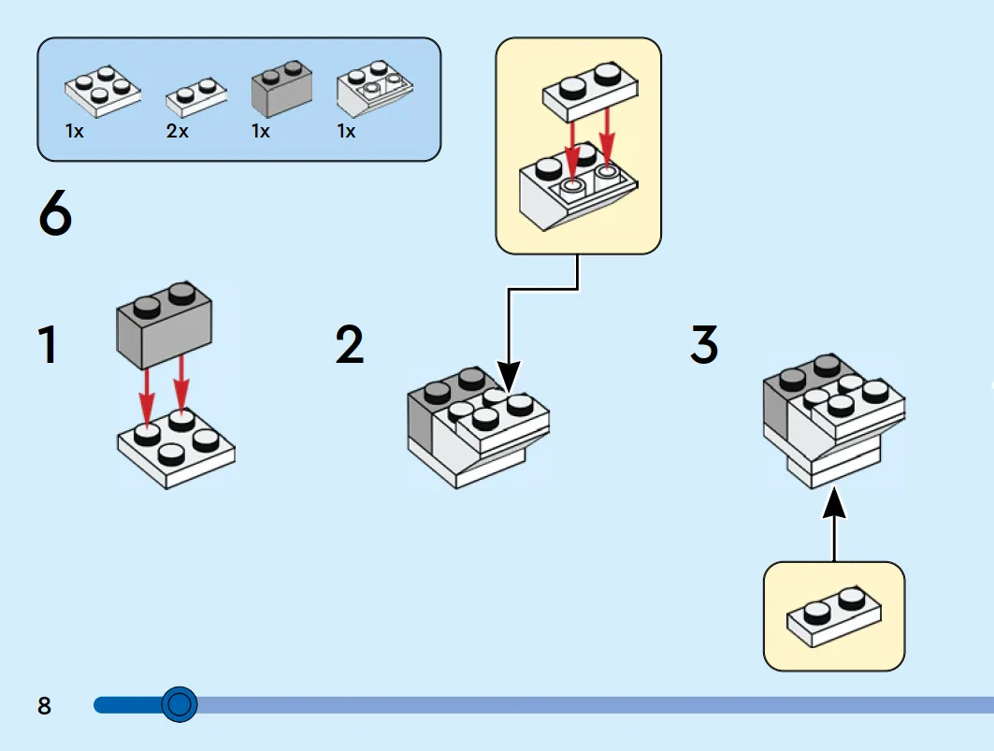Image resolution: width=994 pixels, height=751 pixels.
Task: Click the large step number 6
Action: pos(55,213)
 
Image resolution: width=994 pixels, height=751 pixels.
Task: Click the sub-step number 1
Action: pos(48,344)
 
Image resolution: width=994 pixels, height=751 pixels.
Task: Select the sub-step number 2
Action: pos(350,344)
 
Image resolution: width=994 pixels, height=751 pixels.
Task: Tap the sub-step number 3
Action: pos(704,344)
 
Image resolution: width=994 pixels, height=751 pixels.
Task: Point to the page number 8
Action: pos(44,706)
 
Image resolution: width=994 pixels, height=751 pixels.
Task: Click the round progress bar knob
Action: pos(180,703)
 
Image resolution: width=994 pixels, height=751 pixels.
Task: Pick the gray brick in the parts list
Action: pos(281,89)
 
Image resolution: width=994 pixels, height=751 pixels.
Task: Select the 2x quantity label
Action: pos(178,132)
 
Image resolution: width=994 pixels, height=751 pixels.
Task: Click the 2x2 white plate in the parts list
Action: pos(103,91)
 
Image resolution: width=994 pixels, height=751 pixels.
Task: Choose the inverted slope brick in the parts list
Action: pos(374,89)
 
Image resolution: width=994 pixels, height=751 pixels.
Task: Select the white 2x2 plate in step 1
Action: pos(176,450)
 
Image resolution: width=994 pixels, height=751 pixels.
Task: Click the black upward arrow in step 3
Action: pos(834,524)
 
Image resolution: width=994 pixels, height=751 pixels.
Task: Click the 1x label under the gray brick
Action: pos(261,132)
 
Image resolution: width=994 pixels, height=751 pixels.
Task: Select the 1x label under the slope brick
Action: pos(346,132)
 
